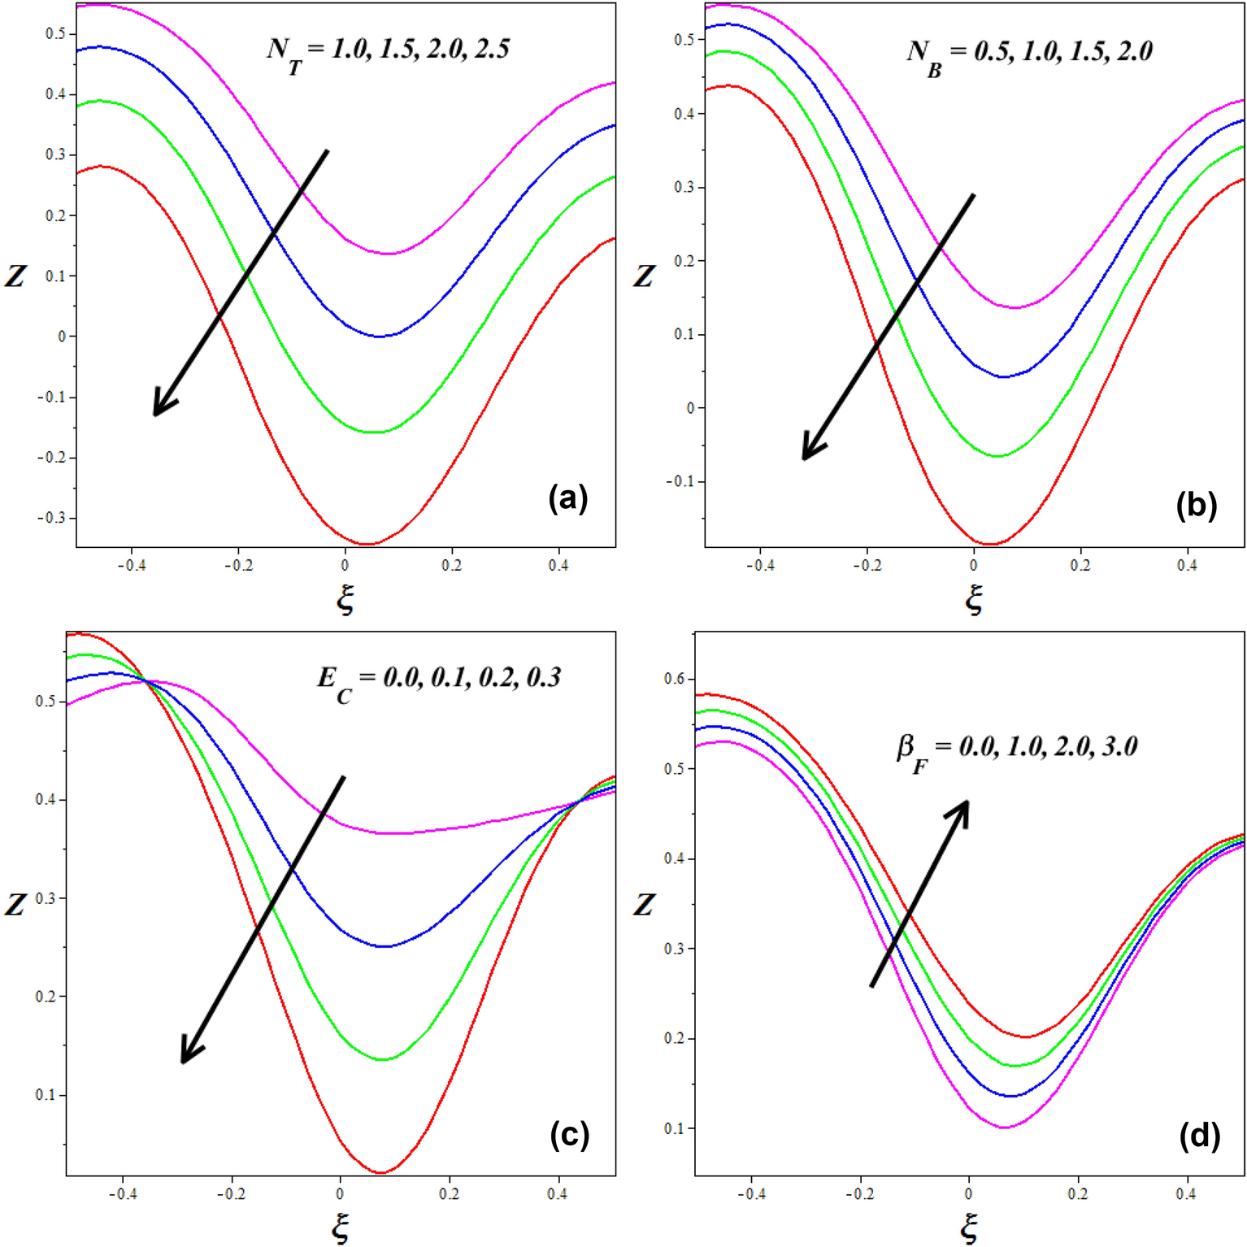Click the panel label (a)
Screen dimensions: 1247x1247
(x=567, y=497)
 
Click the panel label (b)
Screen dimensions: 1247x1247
(x=1196, y=505)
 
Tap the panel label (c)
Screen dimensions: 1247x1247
(x=569, y=1134)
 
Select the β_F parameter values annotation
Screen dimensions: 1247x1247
(x=1017, y=749)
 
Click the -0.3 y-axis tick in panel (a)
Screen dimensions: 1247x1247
(x=56, y=518)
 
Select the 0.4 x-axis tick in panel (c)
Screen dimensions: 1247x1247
(x=557, y=1194)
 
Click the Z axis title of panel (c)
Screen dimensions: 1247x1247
(x=15, y=903)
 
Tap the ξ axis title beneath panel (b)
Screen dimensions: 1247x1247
(x=974, y=600)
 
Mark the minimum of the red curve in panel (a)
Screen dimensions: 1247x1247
(x=367, y=544)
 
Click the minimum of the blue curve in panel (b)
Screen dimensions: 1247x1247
(x=1004, y=376)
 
